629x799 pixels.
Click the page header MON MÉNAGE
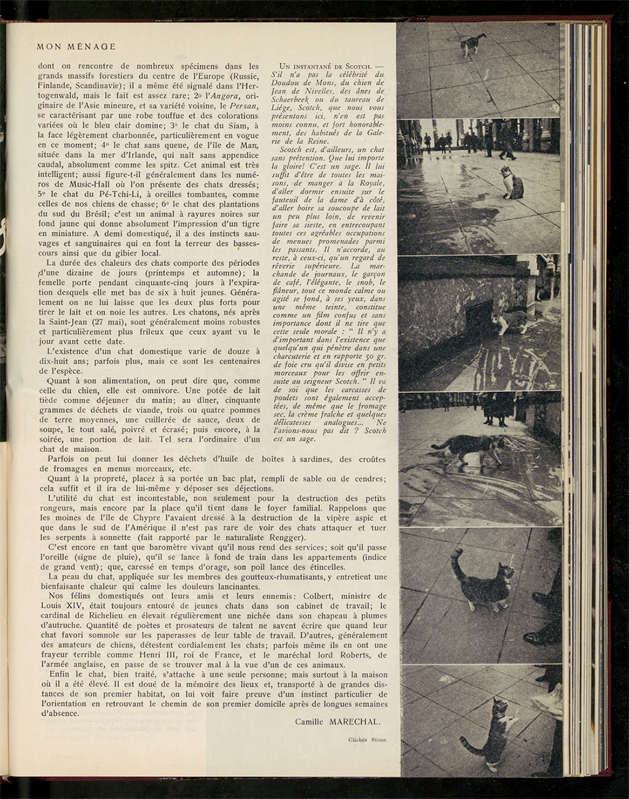coord(76,46)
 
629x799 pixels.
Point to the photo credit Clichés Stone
coord(368,740)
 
